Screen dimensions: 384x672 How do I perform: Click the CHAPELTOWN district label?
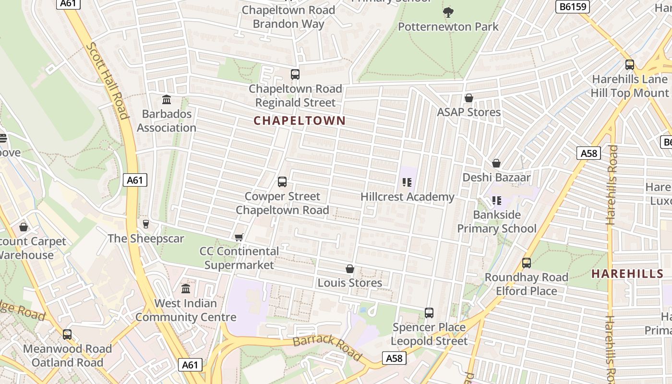(300, 120)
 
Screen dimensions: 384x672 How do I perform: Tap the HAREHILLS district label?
(627, 274)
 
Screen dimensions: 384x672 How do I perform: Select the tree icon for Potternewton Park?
(448, 12)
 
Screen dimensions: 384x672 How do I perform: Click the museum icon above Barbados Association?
(167, 100)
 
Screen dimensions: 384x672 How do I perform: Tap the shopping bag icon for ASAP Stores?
(469, 98)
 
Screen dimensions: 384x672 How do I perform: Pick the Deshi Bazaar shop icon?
(496, 163)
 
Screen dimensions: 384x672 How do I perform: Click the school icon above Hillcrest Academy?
(407, 182)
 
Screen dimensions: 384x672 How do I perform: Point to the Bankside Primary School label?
(497, 221)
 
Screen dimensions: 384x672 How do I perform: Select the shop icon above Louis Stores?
(350, 269)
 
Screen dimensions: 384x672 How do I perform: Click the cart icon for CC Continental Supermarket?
(239, 237)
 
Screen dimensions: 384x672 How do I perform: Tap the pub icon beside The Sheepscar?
(146, 224)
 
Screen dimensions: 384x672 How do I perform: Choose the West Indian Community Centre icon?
(186, 289)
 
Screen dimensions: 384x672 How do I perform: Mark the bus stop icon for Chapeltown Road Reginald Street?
(295, 74)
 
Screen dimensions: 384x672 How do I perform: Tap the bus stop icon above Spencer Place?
(429, 313)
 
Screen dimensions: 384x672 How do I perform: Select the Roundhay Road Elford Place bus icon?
(527, 263)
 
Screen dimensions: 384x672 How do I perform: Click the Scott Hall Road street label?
(108, 80)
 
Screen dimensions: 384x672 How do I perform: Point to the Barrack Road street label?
(327, 347)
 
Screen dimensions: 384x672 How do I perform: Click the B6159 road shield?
(572, 7)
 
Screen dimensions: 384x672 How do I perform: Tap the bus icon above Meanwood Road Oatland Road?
(67, 335)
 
